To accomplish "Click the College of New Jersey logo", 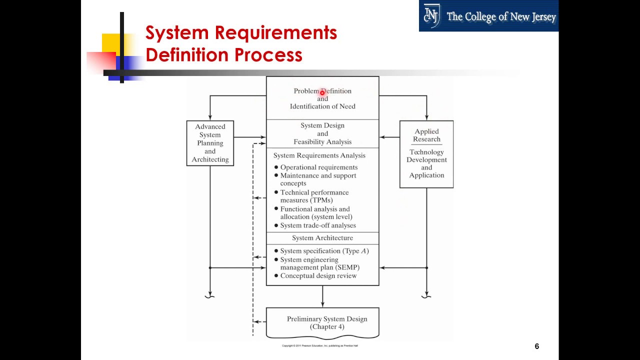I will point(488,16).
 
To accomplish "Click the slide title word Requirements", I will point(276,33).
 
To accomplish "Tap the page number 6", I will point(536,346).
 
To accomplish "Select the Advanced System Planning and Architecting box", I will point(210,143).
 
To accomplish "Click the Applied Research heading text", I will point(426,135).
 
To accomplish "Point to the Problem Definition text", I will point(322,91).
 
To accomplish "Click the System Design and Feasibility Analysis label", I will point(322,133).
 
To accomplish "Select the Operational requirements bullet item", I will point(318,167).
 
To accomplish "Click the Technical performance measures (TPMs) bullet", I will point(314,196).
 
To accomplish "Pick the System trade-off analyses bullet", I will point(317,225).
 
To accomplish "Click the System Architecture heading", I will point(322,238).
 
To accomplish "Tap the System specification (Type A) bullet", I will point(324,251).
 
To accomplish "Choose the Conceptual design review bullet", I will point(318,275).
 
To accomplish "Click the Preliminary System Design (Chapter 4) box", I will point(322,322).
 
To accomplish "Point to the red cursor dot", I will point(322,92).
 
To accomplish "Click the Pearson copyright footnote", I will point(319,345).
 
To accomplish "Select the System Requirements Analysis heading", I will point(319,155).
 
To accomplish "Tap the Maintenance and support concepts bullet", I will point(318,179).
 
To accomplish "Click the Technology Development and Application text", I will point(426,163).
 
